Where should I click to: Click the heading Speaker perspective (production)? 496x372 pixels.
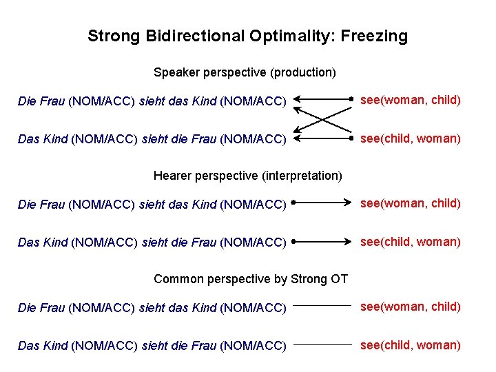coord(245,72)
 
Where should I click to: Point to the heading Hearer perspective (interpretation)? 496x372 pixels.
coord(247,176)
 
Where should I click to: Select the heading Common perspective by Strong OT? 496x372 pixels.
coord(251,279)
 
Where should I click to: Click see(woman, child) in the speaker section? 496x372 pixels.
coord(411,101)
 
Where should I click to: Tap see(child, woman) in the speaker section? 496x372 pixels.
coord(411,138)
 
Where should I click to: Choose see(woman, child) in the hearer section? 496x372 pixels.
coord(411,204)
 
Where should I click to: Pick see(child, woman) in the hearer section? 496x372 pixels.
coord(411,242)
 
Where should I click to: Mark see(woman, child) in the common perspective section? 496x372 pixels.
coord(411,307)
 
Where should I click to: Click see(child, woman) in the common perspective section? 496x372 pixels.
coord(411,345)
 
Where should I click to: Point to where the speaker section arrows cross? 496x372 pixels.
coord(323,119)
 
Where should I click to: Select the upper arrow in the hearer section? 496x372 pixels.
coord(322,203)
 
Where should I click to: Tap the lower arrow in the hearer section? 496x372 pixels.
coord(322,242)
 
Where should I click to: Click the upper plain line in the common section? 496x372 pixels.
coord(322,305)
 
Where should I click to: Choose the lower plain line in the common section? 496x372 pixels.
coord(322,344)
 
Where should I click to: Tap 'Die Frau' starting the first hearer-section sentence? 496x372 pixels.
coord(41,205)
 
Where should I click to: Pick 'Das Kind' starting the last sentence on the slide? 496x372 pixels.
coord(43,346)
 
